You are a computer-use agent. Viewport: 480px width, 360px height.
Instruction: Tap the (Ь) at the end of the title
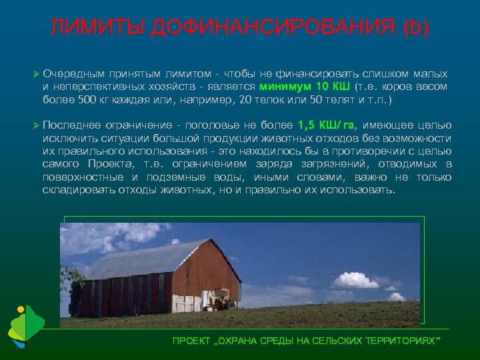tap(417, 28)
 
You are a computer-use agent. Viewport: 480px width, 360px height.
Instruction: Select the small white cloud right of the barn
tap(355, 279)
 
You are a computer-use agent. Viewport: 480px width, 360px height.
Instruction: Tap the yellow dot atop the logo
tap(21, 310)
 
